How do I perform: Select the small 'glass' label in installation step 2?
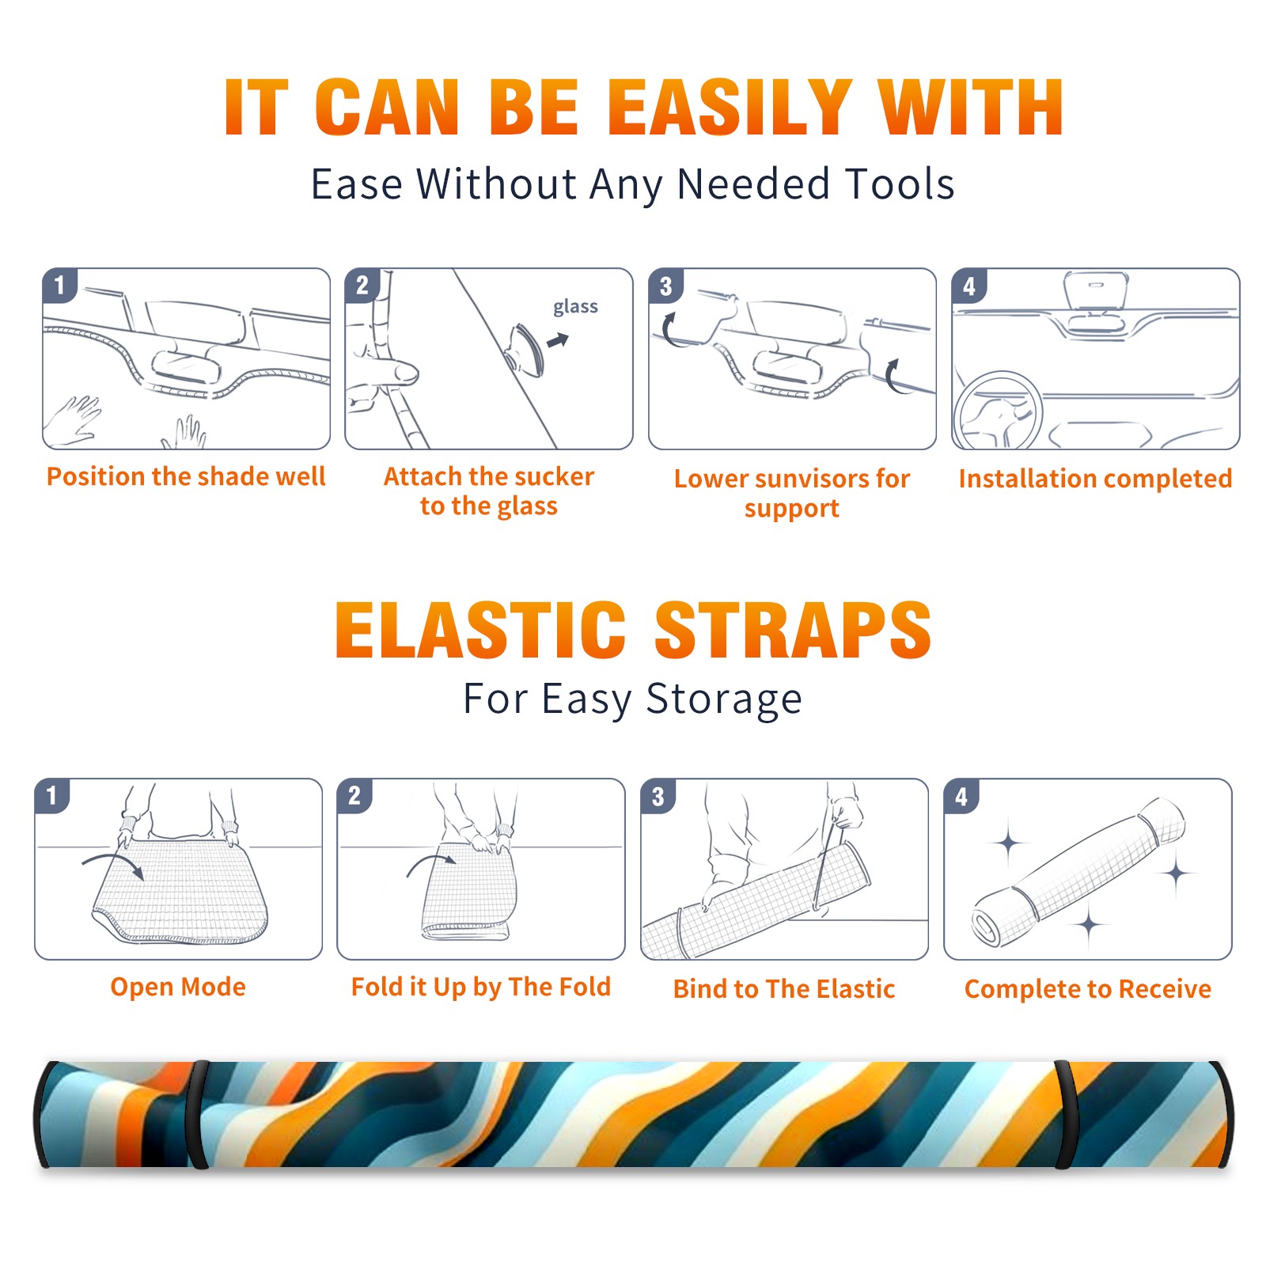pyautogui.click(x=575, y=306)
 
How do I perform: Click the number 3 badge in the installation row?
pyautogui.click(x=665, y=286)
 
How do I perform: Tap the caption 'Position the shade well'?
pyautogui.click(x=186, y=476)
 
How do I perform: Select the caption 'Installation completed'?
pyautogui.click(x=1095, y=478)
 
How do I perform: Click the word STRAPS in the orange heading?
pyautogui.click(x=793, y=630)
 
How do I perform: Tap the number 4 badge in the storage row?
pyautogui.click(x=961, y=796)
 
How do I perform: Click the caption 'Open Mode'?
pyautogui.click(x=178, y=987)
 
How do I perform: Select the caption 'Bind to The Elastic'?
pyautogui.click(x=784, y=988)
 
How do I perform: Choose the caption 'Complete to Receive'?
pyautogui.click(x=1088, y=988)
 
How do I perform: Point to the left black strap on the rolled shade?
pyautogui.click(x=196, y=1114)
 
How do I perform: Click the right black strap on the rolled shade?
pyautogui.click(x=1064, y=1114)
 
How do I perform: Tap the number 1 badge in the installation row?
pyautogui.click(x=59, y=285)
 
